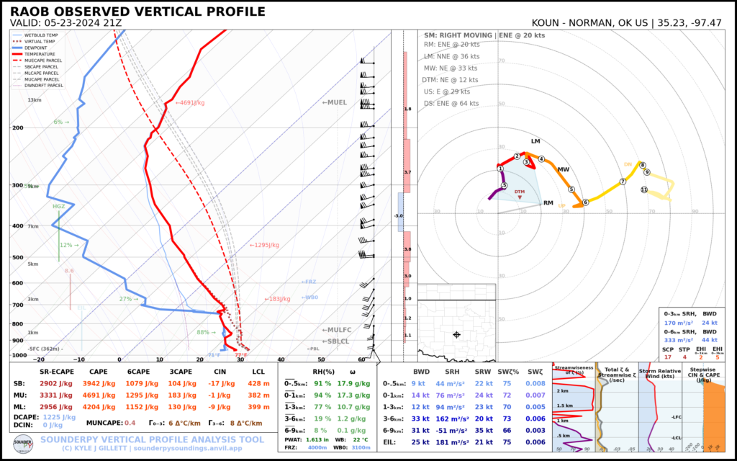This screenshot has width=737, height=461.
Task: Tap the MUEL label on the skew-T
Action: coord(335,103)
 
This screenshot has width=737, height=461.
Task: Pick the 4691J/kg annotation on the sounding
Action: coord(195,103)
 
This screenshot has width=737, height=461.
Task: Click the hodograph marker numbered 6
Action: coord(585,202)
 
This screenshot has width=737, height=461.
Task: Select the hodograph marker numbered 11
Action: coord(644,189)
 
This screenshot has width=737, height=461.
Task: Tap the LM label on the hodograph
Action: coord(535,141)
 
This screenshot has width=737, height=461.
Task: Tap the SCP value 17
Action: coord(668,357)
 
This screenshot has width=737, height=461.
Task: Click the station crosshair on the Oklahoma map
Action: coord(456,335)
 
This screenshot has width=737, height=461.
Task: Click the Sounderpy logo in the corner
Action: coord(23,442)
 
